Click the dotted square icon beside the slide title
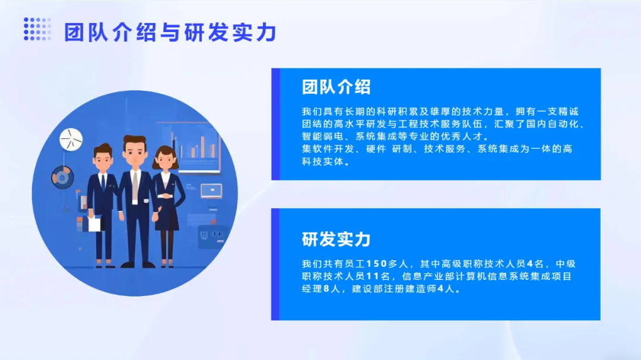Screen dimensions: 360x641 click(37, 29)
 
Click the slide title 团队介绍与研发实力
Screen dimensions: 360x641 click(170, 33)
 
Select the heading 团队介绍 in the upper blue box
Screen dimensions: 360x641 click(336, 87)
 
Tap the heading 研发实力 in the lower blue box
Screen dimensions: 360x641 click(336, 240)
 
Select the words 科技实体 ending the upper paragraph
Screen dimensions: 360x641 click(323, 161)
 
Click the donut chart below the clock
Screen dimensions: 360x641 click(62, 177)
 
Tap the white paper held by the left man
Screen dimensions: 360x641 click(94, 224)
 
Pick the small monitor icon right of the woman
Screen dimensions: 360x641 click(211, 191)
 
